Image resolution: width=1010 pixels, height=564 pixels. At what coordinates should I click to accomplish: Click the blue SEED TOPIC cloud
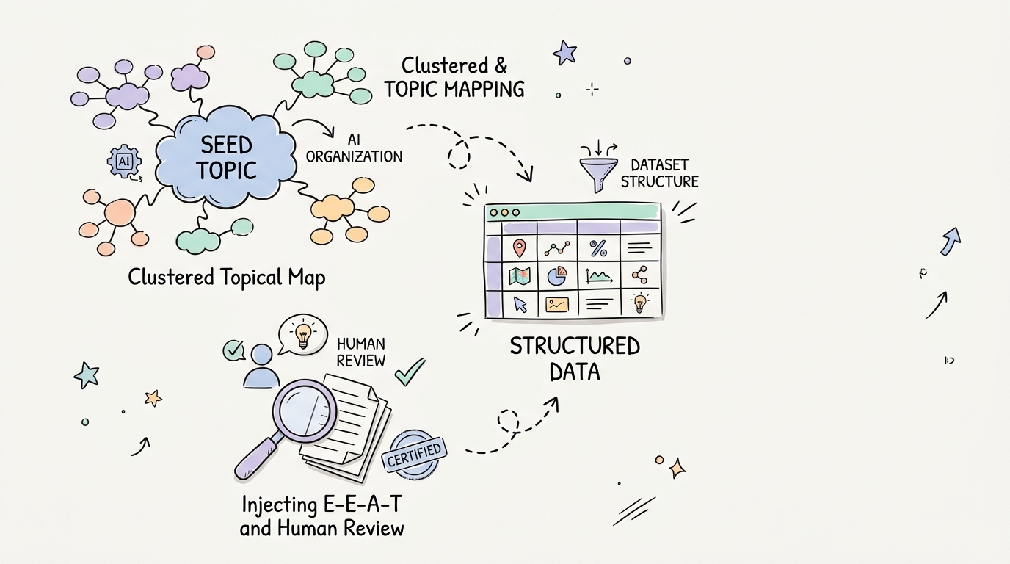(x=225, y=158)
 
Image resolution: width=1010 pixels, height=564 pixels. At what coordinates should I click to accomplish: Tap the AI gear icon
(x=125, y=162)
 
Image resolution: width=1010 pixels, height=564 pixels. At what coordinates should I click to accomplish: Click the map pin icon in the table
(x=520, y=248)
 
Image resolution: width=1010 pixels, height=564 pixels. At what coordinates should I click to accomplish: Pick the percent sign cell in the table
(x=598, y=248)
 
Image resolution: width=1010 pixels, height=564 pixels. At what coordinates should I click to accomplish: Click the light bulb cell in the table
(x=639, y=303)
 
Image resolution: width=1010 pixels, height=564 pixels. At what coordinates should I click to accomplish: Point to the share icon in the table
(x=639, y=275)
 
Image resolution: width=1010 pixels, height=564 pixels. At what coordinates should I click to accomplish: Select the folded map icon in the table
(x=520, y=276)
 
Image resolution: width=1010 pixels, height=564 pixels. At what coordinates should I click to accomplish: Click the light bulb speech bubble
(x=303, y=334)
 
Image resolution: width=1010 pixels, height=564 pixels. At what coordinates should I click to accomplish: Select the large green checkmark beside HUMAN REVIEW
(x=410, y=372)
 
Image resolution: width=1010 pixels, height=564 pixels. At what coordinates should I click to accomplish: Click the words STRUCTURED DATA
(x=575, y=359)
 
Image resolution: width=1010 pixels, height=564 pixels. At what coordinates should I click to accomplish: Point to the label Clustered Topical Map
(x=226, y=278)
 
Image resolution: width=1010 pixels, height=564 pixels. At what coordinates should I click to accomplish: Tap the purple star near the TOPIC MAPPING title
(x=565, y=53)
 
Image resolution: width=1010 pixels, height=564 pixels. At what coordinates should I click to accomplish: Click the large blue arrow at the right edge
(x=951, y=242)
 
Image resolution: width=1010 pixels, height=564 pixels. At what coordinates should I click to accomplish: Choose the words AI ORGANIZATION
(x=354, y=148)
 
